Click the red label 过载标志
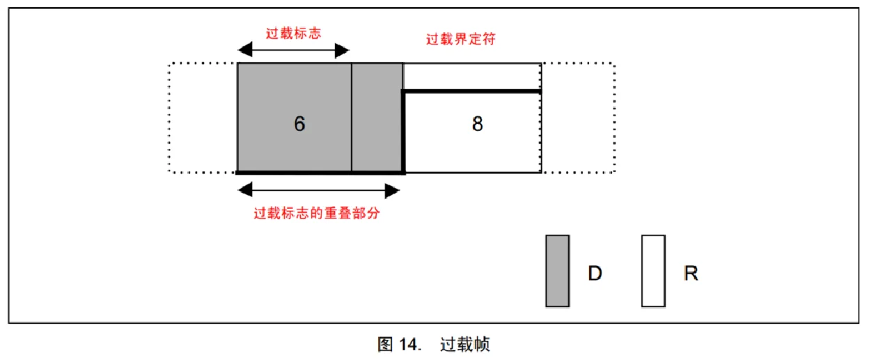point(293,33)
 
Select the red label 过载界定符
point(461,39)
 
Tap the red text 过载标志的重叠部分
point(317,213)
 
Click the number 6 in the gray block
point(299,124)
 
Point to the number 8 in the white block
point(478,124)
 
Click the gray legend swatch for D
point(558,271)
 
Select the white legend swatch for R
point(653,271)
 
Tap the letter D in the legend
point(595,273)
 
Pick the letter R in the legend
point(691,273)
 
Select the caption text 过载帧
point(465,344)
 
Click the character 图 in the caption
point(385,344)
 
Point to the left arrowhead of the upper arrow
point(245,49)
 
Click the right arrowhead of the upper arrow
point(342,50)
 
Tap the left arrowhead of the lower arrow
point(245,190)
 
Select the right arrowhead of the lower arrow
point(392,191)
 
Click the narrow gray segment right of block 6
point(377,117)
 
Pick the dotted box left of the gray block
point(169,117)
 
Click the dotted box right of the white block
point(614,117)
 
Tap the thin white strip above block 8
point(471,77)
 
